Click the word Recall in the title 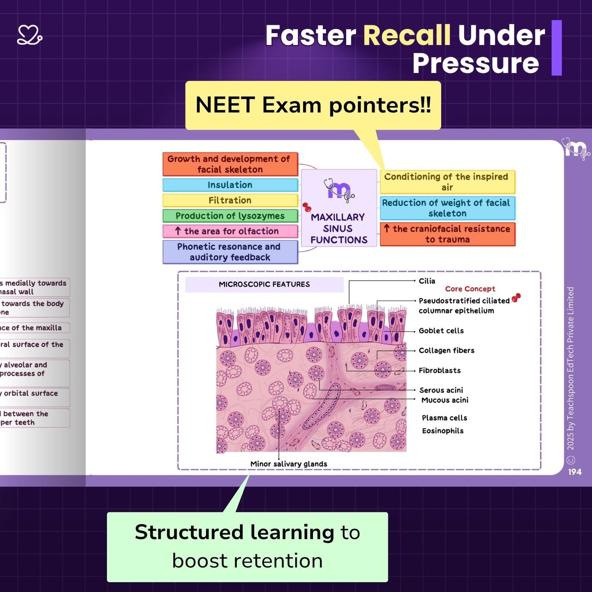[407, 35]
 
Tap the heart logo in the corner [29, 35]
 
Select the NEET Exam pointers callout [313, 105]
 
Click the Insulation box [230, 185]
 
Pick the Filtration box [230, 200]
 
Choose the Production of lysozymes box [230, 216]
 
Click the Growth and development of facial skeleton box [230, 164]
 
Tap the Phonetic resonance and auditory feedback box [230, 252]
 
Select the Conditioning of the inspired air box [447, 182]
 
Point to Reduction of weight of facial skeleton [447, 208]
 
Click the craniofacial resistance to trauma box [447, 234]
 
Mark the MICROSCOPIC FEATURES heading [264, 284]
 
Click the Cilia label [427, 281]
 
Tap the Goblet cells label [441, 331]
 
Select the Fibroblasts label [440, 370]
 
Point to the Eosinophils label [443, 431]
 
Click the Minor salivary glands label [289, 464]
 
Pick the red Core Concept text [470, 289]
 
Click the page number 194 [575, 472]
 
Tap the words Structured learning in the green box [234, 532]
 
